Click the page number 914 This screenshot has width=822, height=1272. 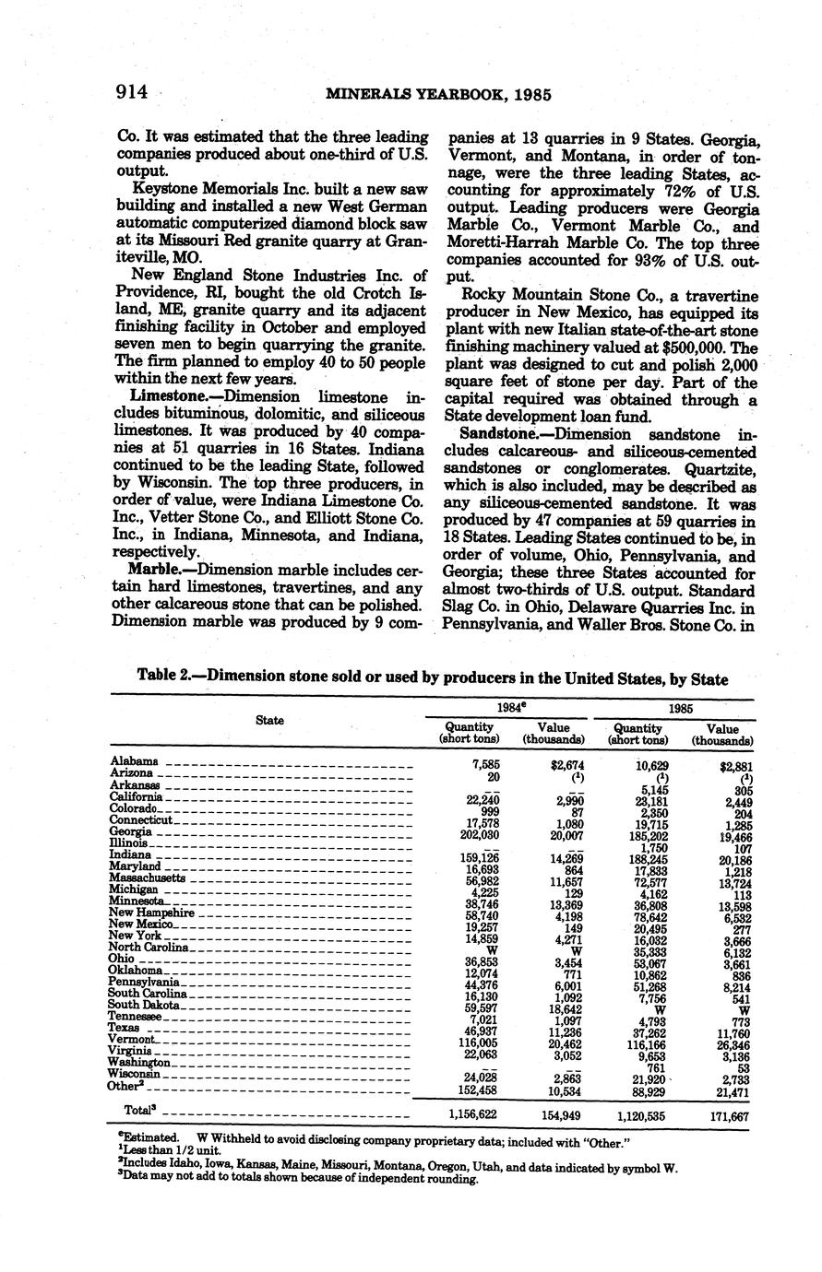134,92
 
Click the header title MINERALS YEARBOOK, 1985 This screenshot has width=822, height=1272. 434,94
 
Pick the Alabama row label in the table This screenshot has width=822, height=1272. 134,761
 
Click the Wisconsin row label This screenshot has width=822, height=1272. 137,1074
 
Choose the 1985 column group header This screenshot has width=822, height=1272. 680,709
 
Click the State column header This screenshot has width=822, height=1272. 269,720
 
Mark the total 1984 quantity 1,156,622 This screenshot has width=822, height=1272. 468,1115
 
